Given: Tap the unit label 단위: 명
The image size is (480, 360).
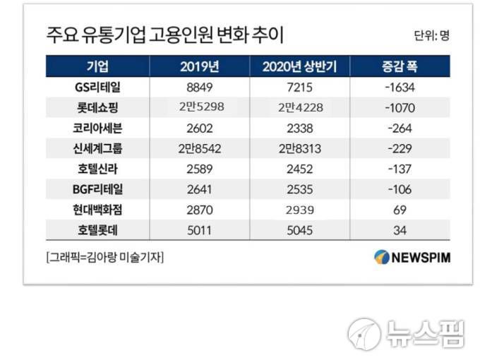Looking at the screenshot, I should [431, 36].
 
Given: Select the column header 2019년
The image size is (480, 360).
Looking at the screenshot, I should [200, 67].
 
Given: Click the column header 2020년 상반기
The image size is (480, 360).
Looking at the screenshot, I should [304, 67].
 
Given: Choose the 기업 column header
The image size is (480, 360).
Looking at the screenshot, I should [97, 67].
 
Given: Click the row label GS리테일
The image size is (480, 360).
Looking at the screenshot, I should [97, 88].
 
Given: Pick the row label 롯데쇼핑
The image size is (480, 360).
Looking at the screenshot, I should [97, 108].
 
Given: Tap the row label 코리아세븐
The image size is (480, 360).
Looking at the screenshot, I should [97, 128].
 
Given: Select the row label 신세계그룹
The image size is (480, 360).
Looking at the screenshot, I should [97, 149].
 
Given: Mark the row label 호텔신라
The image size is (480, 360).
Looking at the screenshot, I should [97, 169].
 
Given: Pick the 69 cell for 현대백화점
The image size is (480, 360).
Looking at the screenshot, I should [400, 210].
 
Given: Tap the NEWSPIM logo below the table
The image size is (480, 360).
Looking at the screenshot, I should [412, 257].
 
